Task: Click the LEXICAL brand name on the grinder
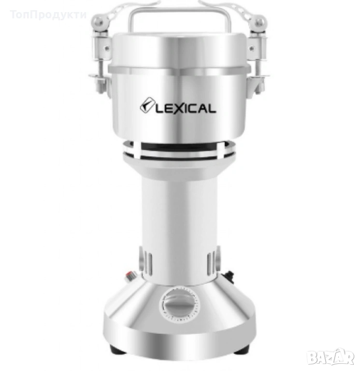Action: point(186,109)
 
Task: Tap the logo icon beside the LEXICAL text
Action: point(147,105)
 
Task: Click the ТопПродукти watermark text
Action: point(48,14)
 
